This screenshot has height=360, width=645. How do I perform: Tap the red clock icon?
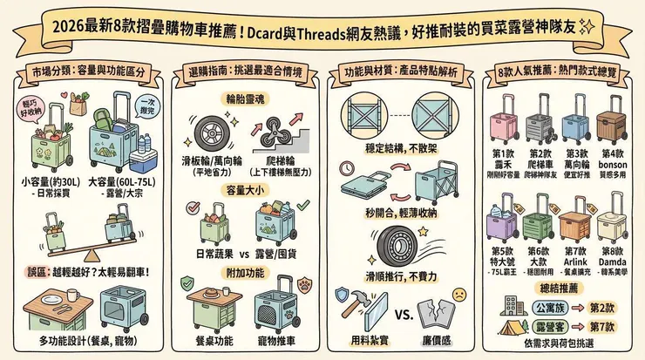348,166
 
